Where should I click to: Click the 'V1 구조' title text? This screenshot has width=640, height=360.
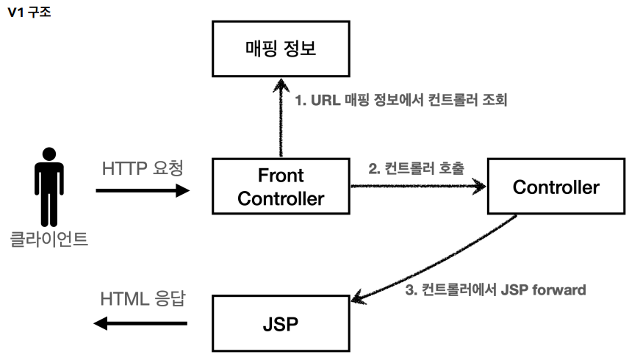29,12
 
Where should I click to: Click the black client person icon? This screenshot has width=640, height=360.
49,187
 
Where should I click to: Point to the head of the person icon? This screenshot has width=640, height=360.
49,154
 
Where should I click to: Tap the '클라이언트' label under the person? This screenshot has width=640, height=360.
49,239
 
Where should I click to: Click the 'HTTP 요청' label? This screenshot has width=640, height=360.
143,168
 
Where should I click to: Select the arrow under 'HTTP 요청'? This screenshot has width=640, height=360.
143,190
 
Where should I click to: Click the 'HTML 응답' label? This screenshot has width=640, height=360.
143,299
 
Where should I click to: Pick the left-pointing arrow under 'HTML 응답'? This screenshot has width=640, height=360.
140,323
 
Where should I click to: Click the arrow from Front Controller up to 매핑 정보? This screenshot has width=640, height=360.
281,118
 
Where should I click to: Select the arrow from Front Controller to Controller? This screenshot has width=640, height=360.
418,186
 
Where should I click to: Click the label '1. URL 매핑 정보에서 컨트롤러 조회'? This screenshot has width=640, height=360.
401,100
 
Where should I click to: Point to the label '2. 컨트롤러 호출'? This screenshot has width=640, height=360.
417,168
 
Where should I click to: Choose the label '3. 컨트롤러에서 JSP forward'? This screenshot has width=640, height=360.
495,289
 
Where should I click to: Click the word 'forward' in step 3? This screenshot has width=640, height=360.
559,289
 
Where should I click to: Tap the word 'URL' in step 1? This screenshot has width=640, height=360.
326,100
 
